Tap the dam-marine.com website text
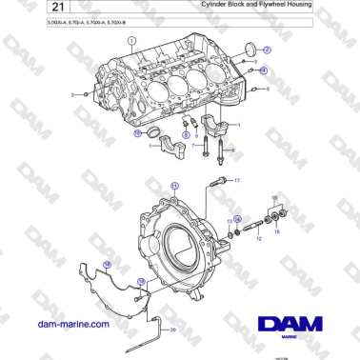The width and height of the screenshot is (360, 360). [x=71, y=324]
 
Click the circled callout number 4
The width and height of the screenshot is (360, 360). [x=264, y=70]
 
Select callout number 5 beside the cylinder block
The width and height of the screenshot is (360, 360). [x=268, y=88]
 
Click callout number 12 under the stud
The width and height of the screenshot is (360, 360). [x=257, y=240]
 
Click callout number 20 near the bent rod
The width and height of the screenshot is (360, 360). [x=172, y=329]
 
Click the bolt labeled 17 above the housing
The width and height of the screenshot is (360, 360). [x=221, y=179]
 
